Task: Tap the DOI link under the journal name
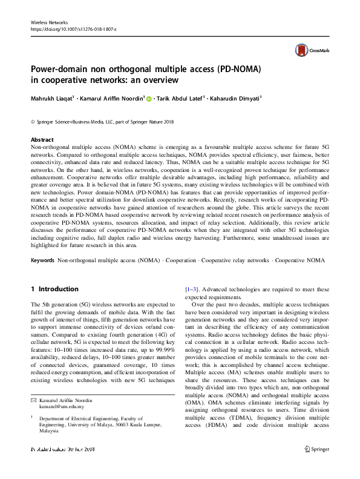click(73, 29)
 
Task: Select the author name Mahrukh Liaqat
click(51, 97)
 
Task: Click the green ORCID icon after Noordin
click(149, 98)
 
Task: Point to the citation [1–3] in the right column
click(191, 289)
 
